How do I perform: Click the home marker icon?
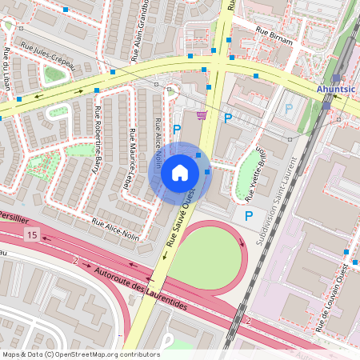(x=180, y=173)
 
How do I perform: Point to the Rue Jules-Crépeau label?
(x=47, y=57)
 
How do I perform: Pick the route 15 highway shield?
(x=31, y=234)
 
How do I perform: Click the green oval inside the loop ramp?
(x=206, y=256)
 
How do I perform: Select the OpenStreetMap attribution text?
(x=80, y=354)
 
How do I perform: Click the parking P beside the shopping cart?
(x=228, y=118)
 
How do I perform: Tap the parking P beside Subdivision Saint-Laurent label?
(x=249, y=216)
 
